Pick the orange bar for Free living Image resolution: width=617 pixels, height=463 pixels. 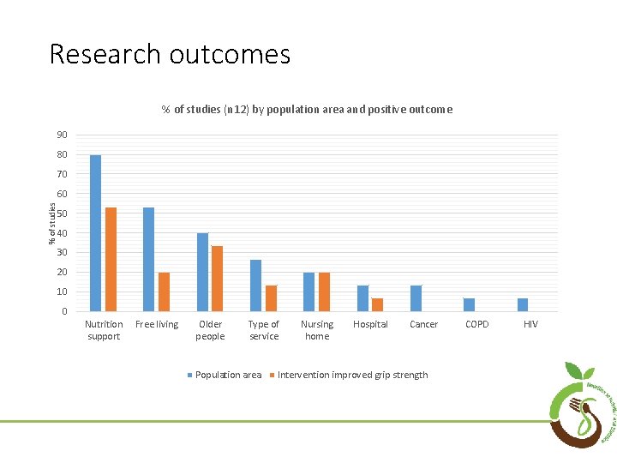[164, 292]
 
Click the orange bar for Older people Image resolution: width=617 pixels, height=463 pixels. [218, 279]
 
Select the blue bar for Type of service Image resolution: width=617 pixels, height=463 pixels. [255, 286]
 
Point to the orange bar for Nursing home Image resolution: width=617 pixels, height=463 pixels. [324, 292]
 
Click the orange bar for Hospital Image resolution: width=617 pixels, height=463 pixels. [377, 304]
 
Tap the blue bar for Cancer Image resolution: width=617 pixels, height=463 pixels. [416, 298]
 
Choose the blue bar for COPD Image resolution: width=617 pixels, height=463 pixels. [469, 304]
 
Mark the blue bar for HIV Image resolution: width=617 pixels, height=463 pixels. [523, 304]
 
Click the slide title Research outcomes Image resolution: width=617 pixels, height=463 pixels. [170, 54]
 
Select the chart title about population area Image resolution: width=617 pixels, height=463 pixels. [308, 110]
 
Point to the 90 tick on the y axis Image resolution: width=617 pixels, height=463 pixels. [63, 135]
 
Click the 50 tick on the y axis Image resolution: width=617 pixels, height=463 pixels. [63, 213]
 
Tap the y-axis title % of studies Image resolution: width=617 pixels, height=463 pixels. [51, 223]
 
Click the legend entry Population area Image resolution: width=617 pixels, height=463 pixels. [225, 375]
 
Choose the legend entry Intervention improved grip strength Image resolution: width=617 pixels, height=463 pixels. [349, 375]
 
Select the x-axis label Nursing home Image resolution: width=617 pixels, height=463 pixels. [317, 330]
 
